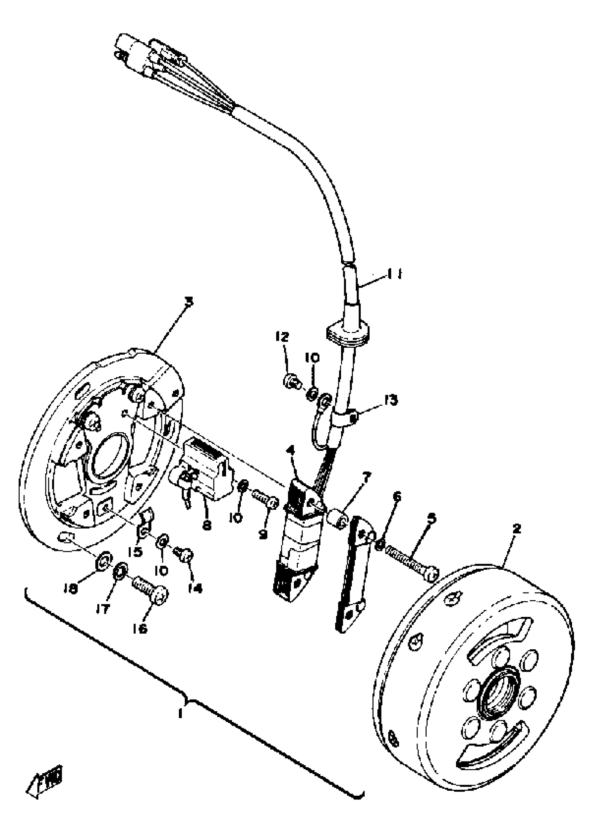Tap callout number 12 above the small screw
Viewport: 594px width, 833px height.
coord(282,337)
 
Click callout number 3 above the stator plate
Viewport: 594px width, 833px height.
coord(189,302)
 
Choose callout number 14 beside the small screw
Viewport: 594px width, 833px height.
coord(195,588)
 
